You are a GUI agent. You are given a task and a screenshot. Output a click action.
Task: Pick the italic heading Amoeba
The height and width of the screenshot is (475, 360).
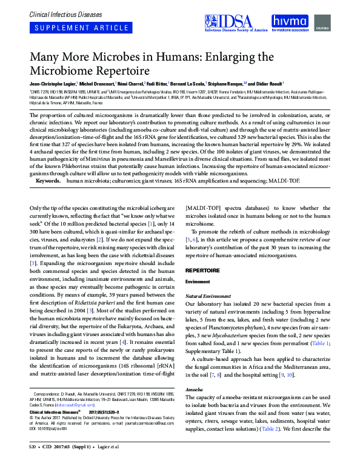[x=195, y=387]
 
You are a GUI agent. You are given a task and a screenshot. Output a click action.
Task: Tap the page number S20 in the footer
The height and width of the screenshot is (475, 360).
[x=33, y=463]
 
